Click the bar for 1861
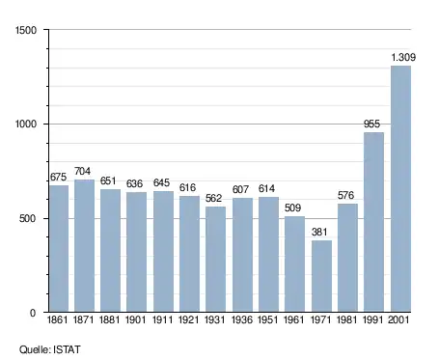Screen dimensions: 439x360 click(59, 248)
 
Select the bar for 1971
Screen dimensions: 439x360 click(321, 276)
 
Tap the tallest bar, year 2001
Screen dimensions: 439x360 click(400, 189)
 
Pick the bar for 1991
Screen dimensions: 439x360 click(373, 222)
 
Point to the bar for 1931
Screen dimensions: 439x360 click(215, 259)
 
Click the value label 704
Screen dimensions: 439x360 click(82, 171)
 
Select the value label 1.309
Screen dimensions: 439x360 click(403, 57)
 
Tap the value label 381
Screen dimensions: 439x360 click(319, 232)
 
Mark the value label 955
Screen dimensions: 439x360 click(371, 124)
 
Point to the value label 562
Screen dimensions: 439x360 click(213, 198)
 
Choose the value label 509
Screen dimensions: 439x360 click(292, 208)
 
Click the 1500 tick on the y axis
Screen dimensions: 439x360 click(26, 30)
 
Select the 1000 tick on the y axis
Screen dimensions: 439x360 click(26, 124)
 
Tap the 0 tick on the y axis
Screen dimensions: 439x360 click(33, 313)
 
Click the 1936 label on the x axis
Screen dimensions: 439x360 click(242, 319)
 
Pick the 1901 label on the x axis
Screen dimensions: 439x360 click(135, 319)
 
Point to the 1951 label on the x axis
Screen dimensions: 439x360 click(268, 319)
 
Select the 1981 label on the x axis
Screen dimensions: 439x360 click(346, 319)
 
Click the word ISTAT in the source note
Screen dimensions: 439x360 click(67, 349)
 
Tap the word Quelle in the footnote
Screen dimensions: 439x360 click(35, 349)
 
